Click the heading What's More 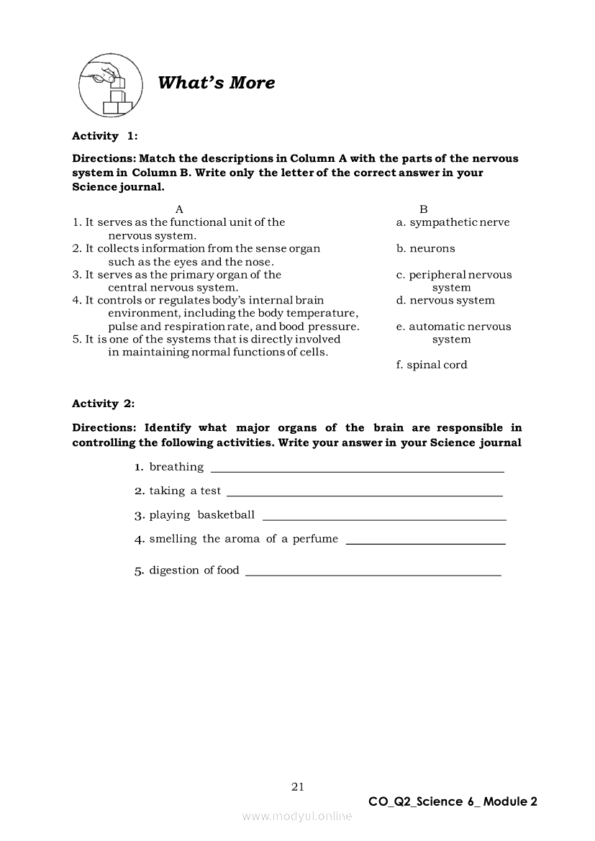[216, 83]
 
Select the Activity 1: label [104, 136]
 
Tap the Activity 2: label [104, 404]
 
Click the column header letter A [180, 209]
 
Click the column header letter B [424, 209]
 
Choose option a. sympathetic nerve [453, 222]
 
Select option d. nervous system [445, 300]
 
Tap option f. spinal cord [432, 365]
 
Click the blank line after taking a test [364, 495]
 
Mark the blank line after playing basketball [384, 519]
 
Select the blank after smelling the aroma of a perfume [425, 543]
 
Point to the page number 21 [298, 786]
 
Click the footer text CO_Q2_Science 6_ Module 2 [453, 801]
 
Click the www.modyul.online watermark [297, 816]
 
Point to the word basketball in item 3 [226, 514]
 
